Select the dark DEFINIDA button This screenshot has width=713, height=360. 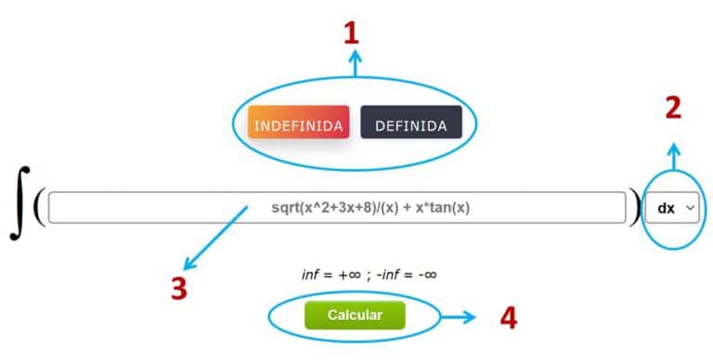pos(410,124)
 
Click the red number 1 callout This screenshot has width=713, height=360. pos(350,34)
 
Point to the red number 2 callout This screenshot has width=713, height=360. pos(674,108)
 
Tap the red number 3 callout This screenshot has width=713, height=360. pos(179,289)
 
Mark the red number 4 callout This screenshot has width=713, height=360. pos(507,318)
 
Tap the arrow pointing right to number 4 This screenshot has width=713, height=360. pos(458,317)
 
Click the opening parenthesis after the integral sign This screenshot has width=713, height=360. pos(38,207)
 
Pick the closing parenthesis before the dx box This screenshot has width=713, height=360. pos(634,207)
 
